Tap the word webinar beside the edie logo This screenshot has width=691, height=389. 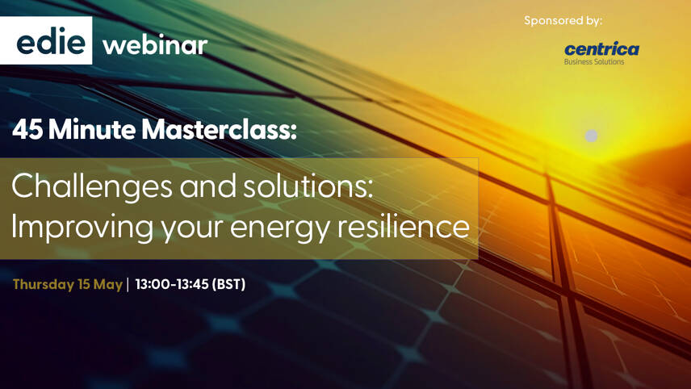[155, 44]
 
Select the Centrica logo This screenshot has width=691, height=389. [601, 49]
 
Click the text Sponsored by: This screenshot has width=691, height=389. [563, 20]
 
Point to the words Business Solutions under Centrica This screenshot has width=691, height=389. [593, 62]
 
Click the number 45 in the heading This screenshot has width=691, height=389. [27, 129]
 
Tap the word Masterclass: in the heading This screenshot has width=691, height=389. [219, 129]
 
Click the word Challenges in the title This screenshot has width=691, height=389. [92, 186]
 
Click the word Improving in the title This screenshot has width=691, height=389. [82, 227]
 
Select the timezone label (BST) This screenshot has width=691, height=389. [228, 285]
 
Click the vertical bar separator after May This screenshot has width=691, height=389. [128, 285]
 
